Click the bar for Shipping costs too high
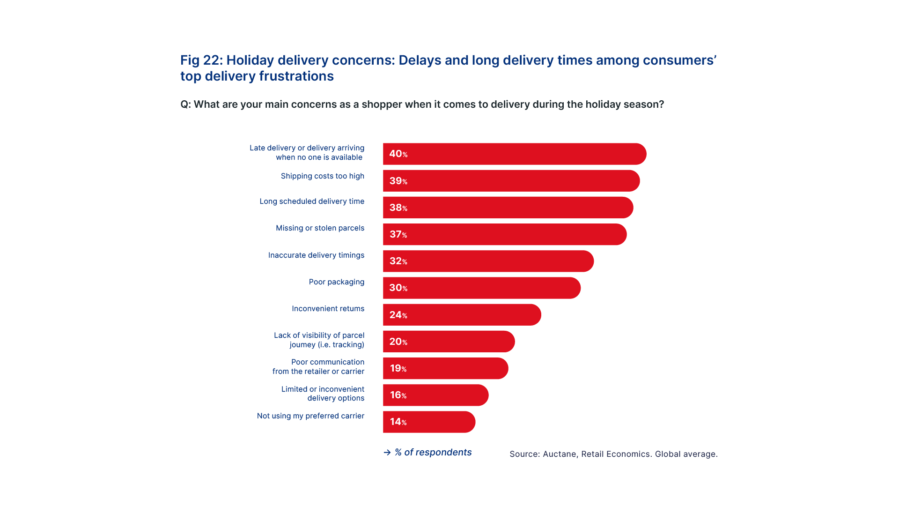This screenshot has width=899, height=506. (x=511, y=181)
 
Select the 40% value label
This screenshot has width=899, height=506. (x=398, y=154)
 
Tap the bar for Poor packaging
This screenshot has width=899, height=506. (x=482, y=288)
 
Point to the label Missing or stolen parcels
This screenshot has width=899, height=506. (x=320, y=228)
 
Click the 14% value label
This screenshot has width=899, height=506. (x=398, y=422)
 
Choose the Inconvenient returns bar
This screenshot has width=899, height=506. (x=462, y=315)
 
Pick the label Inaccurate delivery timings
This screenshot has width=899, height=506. (x=316, y=255)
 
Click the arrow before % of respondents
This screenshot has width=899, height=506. (x=387, y=453)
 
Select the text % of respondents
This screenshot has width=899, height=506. (x=433, y=453)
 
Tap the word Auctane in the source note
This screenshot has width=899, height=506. (x=559, y=454)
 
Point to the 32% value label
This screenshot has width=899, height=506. (x=398, y=261)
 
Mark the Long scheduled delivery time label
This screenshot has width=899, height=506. (x=312, y=201)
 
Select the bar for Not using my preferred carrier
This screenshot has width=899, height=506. (x=429, y=422)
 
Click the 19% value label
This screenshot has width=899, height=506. (x=398, y=369)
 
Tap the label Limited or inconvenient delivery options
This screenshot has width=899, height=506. (x=323, y=394)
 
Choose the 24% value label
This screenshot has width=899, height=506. (x=398, y=315)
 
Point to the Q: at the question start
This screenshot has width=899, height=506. (x=185, y=104)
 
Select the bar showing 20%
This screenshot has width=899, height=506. (x=449, y=342)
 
